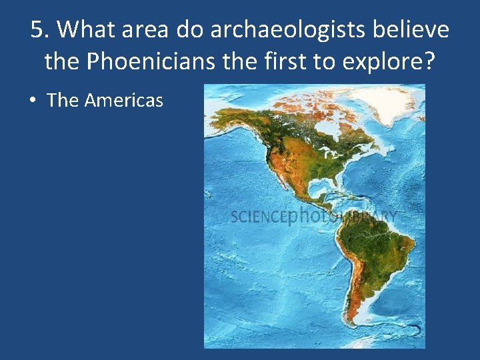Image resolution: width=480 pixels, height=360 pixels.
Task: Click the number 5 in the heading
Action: tap(38, 30)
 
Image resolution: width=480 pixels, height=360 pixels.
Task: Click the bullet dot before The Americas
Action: tap(33, 101)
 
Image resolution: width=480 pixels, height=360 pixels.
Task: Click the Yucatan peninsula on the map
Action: tap(312, 193)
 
